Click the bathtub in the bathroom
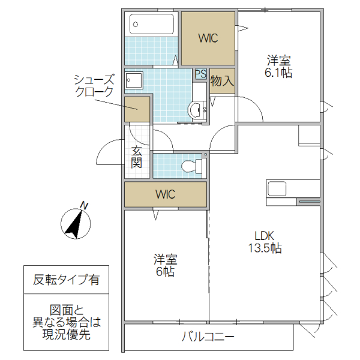(152, 25)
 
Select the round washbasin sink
(196, 110)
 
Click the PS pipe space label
(200, 74)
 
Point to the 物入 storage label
(222, 81)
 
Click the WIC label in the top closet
(208, 38)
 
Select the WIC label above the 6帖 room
(165, 194)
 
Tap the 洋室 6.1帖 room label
(279, 67)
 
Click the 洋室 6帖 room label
(165, 266)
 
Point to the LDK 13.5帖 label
(267, 242)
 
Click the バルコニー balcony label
(208, 337)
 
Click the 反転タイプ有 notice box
(66, 280)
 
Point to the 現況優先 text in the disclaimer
(66, 335)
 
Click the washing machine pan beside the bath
(134, 80)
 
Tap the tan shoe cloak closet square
(137, 110)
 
